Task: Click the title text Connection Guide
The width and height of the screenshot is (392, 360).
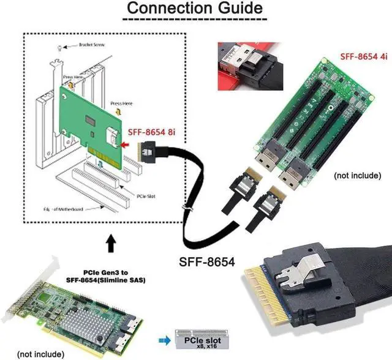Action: coord(195,9)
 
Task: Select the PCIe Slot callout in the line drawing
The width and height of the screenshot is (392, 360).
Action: coord(144,197)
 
